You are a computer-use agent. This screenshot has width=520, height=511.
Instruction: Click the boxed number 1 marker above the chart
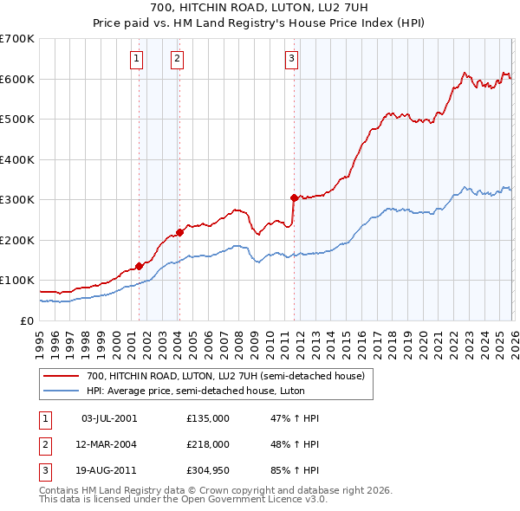tap(138, 59)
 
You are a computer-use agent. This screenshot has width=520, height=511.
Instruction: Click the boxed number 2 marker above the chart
tap(177, 59)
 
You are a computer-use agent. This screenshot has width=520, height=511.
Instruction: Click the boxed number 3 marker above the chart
tap(291, 59)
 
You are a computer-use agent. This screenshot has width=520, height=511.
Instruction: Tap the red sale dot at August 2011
tap(294, 197)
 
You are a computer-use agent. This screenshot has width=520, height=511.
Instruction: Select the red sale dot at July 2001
tap(139, 266)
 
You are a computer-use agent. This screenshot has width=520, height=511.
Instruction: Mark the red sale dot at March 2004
tap(179, 232)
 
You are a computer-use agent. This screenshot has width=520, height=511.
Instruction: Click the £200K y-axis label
tap(17, 240)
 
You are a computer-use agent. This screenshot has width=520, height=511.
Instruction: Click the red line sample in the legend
tap(62, 376)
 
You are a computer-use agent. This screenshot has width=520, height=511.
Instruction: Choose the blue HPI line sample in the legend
tap(62, 391)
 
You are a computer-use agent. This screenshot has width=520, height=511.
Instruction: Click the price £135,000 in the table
tap(207, 417)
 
